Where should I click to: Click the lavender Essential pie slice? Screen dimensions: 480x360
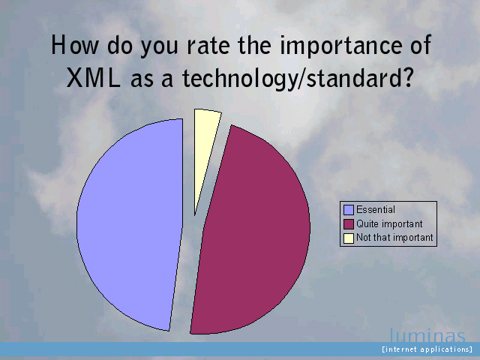(130, 225)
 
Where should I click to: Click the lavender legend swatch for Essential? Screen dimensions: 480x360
(349, 210)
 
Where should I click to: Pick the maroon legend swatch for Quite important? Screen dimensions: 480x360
(349, 223)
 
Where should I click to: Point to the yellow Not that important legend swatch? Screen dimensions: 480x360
(349, 238)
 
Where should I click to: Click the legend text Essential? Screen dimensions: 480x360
(376, 210)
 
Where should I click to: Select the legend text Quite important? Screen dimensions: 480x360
(389, 223)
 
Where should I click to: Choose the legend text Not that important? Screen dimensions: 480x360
(395, 238)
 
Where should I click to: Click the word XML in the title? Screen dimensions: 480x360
(93, 78)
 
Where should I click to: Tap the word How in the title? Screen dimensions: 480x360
(75, 45)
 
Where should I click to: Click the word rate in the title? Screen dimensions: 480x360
(208, 45)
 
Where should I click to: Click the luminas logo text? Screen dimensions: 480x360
(427, 335)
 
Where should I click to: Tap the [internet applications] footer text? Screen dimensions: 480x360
(427, 349)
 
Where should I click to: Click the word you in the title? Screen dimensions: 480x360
(159, 47)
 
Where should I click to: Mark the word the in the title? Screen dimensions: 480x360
(254, 45)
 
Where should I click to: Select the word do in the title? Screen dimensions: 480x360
(120, 45)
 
